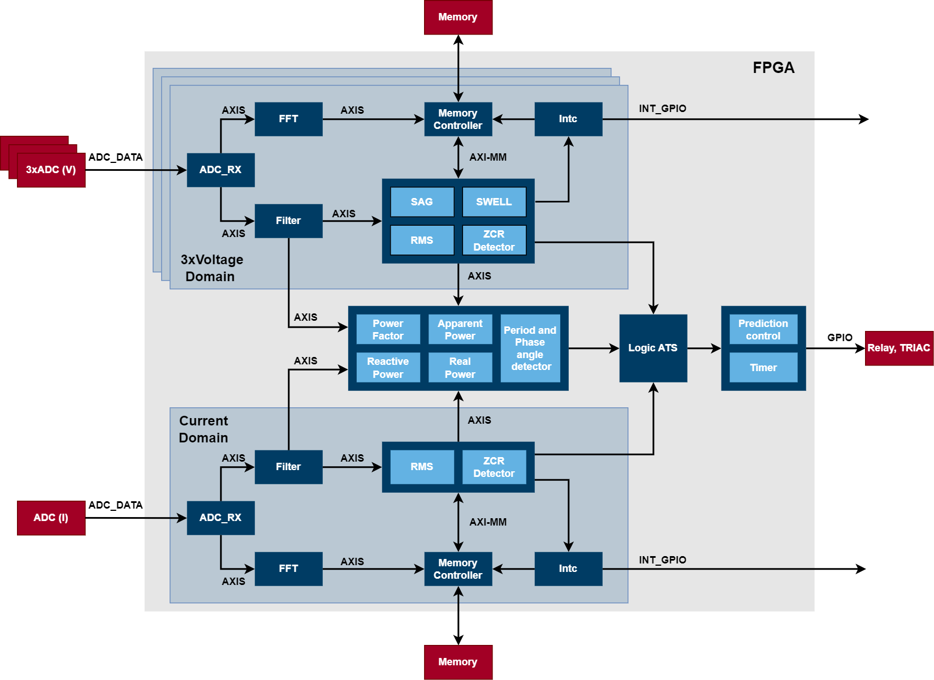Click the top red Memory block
[x=458, y=18]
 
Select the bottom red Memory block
[x=458, y=662]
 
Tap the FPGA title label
[x=773, y=68]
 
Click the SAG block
[x=422, y=202]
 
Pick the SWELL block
[x=494, y=202]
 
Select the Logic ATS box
[x=653, y=348]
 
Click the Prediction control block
[x=763, y=329]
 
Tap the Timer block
[x=763, y=368]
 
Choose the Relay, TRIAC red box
[x=899, y=348]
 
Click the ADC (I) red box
[x=51, y=518]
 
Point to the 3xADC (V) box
[x=51, y=170]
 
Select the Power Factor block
[x=388, y=329]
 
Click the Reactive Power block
[x=388, y=368]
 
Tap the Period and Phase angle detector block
[x=530, y=348]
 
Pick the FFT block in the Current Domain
[x=288, y=569]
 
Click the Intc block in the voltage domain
[x=568, y=119]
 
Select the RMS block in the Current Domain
[x=422, y=467]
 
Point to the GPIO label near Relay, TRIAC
[x=840, y=338]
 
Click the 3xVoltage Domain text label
[x=211, y=268]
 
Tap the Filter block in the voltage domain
[x=288, y=221]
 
